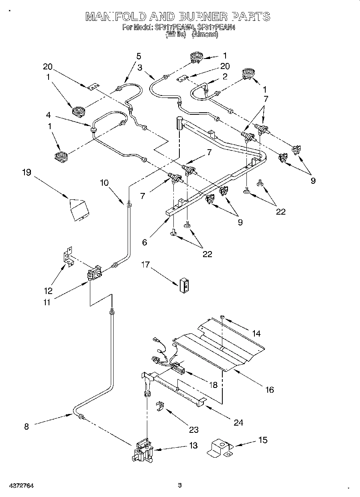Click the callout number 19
26,173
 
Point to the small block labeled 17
184,284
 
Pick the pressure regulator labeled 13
142,452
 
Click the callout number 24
238,422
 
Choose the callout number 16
270,389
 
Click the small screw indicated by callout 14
222,318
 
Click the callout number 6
145,242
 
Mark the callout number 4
48,115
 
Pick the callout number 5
138,56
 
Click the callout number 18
213,385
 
